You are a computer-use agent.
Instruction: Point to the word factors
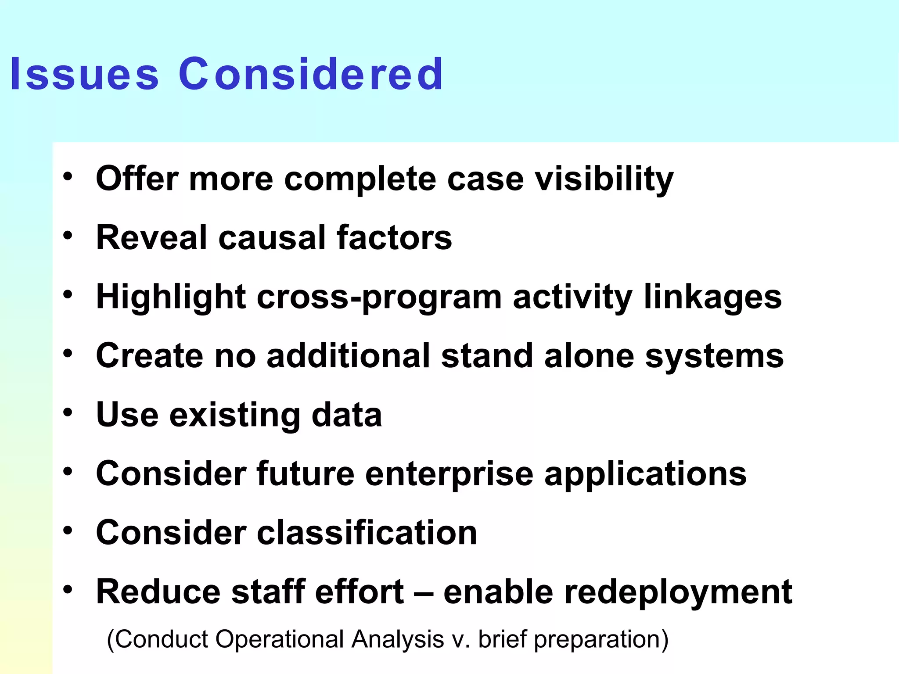[394, 237]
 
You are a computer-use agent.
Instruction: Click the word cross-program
[379, 298]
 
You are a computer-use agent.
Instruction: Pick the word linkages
[713, 298]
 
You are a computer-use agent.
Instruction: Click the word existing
[235, 415]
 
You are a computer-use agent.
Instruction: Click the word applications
[645, 474]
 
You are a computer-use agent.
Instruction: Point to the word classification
[367, 533]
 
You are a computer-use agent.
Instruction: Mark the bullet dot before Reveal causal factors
[68, 236]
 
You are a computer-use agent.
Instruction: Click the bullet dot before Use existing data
[68, 412]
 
